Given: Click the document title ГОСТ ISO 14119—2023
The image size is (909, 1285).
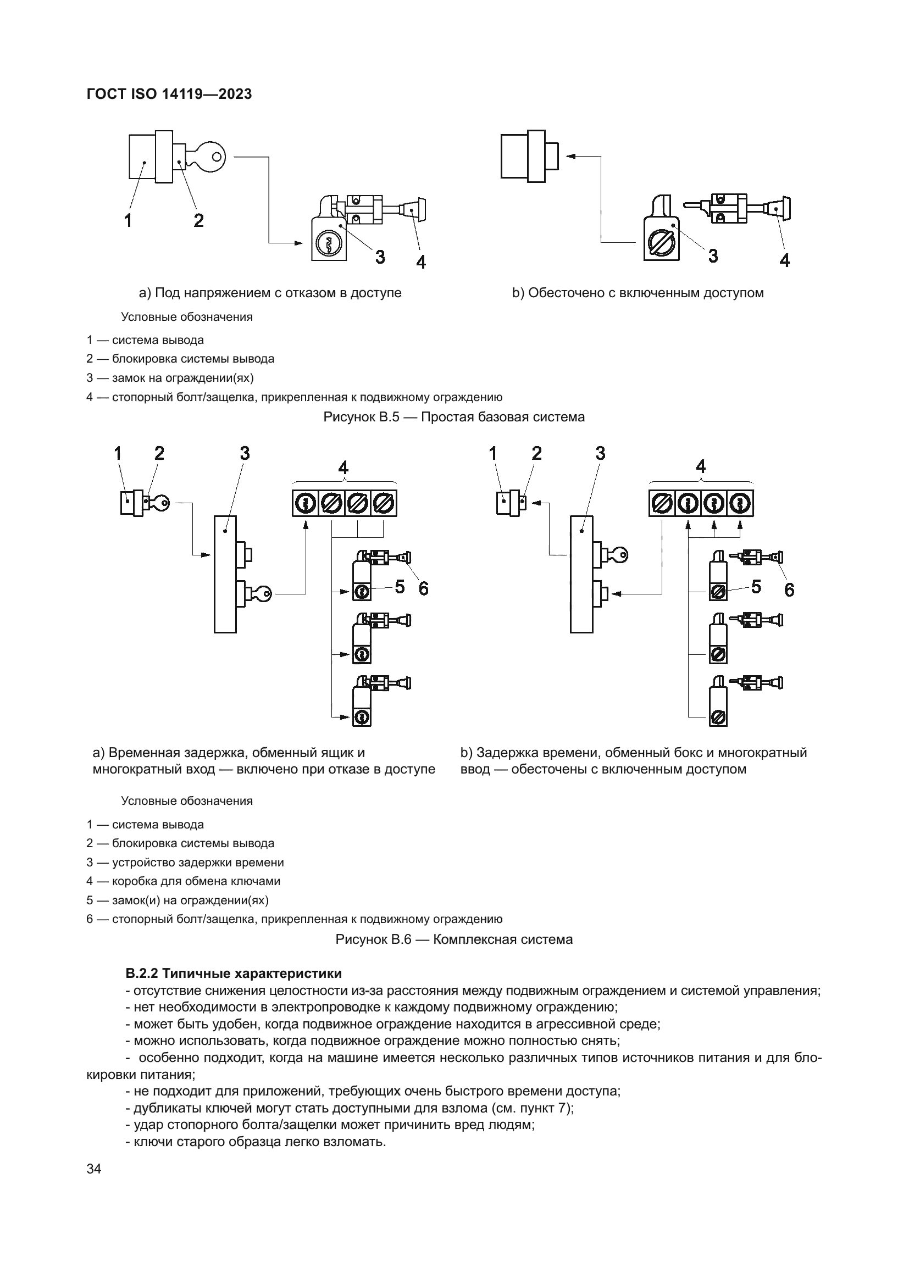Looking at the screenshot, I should (169, 94).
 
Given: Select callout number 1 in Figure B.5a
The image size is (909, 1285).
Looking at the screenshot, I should (128, 220).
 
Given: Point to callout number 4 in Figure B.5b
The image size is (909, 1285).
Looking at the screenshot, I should (785, 260).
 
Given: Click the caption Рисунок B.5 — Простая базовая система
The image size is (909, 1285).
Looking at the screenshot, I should (454, 417).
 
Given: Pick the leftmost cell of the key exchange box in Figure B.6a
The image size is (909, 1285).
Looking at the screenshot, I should (305, 503).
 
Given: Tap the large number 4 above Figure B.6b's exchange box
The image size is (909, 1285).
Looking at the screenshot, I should (700, 467).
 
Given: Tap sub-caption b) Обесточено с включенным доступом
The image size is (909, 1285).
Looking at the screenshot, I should (638, 293).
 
